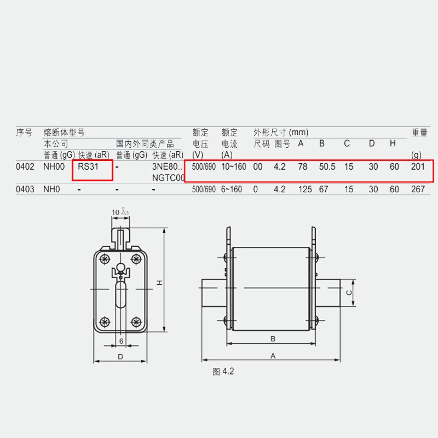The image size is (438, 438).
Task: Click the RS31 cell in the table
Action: pyautogui.click(x=88, y=167)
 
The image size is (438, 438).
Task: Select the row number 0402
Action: pyautogui.click(x=26, y=167)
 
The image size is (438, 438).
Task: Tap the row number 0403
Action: pyautogui.click(x=26, y=189)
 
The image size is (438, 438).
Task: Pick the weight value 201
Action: pyautogui.click(x=418, y=167)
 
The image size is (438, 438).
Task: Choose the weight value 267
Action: pyautogui.click(x=418, y=189)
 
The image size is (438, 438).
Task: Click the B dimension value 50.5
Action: pyautogui.click(x=327, y=167)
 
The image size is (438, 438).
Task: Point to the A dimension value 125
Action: pyautogui.click(x=305, y=189)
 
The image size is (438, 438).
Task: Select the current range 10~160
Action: pyautogui.click(x=234, y=167)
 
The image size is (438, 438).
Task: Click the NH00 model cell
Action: pyautogui.click(x=54, y=167)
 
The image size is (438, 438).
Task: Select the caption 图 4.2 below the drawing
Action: pyautogui.click(x=223, y=372)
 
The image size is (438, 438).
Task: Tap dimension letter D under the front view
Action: pyautogui.click(x=120, y=357)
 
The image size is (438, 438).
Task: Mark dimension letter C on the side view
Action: pyautogui.click(x=349, y=292)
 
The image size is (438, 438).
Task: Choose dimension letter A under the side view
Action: pyautogui.click(x=272, y=355)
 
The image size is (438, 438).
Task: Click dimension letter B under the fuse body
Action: pyautogui.click(x=272, y=339)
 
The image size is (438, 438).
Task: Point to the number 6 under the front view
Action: pyautogui.click(x=120, y=341)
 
